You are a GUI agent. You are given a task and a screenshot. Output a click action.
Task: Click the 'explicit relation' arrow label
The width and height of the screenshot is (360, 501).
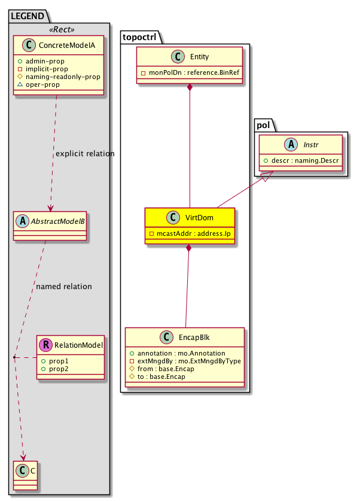click(84, 154)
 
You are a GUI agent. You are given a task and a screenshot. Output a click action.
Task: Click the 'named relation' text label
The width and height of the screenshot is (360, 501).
click(64, 286)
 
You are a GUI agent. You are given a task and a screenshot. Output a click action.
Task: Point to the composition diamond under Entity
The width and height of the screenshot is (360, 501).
click(190, 89)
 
